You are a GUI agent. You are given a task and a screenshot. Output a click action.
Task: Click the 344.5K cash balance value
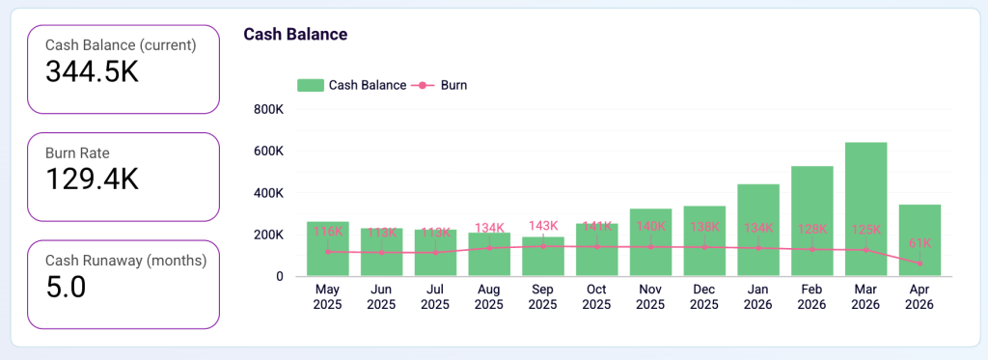point(93,71)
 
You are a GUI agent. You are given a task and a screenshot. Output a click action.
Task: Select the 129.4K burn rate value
point(93,179)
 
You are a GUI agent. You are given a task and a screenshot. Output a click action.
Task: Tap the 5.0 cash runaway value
point(67,287)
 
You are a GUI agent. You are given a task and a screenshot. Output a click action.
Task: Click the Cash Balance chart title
point(295,34)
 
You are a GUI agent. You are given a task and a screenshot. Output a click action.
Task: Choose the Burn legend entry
point(453,85)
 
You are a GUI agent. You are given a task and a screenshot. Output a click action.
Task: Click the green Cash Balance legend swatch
point(310,85)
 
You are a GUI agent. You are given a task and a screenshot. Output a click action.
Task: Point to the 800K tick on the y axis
point(267,109)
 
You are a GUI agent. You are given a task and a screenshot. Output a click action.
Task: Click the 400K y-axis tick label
point(267,193)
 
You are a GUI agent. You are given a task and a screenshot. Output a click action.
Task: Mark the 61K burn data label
point(919,242)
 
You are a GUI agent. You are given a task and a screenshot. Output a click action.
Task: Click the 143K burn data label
point(542,226)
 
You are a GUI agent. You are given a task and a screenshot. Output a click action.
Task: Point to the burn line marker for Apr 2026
point(919,263)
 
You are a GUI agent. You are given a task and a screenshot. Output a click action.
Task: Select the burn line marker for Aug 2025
point(489,248)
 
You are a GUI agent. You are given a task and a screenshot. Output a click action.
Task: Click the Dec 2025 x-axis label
point(703,296)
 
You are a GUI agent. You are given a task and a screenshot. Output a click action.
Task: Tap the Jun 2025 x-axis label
point(381,296)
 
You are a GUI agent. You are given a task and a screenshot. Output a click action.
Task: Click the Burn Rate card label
point(77,152)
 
